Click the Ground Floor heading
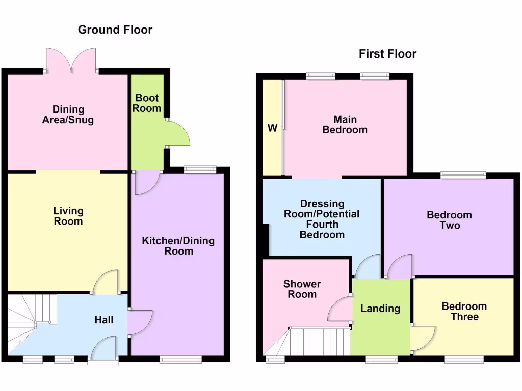pyautogui.click(x=115, y=30)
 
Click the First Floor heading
pyautogui.click(x=387, y=54)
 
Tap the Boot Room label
pyautogui.click(x=147, y=103)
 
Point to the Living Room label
pyautogui.click(x=68, y=216)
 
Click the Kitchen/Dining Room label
pyautogui.click(x=178, y=246)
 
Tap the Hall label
pyautogui.click(x=103, y=320)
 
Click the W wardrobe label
pyautogui.click(x=272, y=128)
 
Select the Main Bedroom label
pyautogui.click(x=345, y=125)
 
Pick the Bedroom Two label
pyautogui.click(x=449, y=220)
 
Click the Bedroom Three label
pyautogui.click(x=464, y=311)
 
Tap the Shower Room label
pyautogui.click(x=302, y=289)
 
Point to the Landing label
pyautogui.click(x=380, y=308)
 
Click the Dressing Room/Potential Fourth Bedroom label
pyautogui.click(x=322, y=219)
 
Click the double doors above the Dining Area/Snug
pyautogui.click(x=71, y=60)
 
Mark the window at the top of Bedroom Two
pyautogui.click(x=463, y=175)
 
